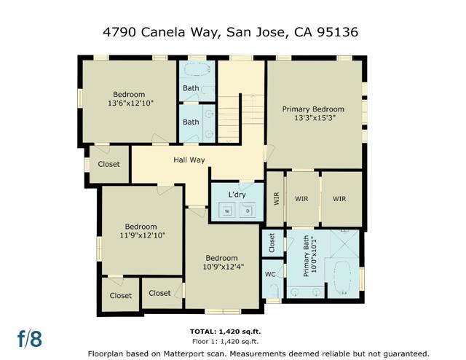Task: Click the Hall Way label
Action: coord(189,160)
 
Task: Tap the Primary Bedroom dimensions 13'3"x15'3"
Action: coord(314,119)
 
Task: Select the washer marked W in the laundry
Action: coord(226,211)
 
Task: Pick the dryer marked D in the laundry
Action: coord(247,211)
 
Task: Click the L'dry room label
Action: coord(237,195)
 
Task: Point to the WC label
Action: coord(269,275)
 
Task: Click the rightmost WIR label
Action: coord(340,197)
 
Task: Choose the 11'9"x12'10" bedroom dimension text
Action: coord(141,235)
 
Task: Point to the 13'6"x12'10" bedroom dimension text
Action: coord(128,103)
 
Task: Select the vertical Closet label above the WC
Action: coord(271,242)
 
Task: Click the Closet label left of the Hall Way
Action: coord(108,164)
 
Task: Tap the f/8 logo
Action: coord(30,339)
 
